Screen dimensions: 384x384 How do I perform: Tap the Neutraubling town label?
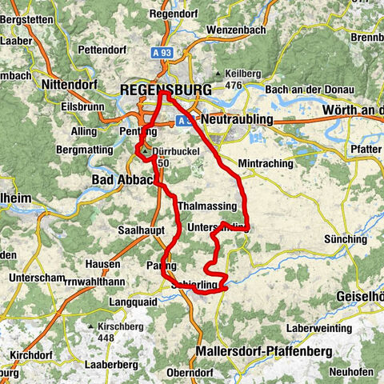point(237,119)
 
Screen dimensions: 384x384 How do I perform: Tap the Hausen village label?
point(105,263)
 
